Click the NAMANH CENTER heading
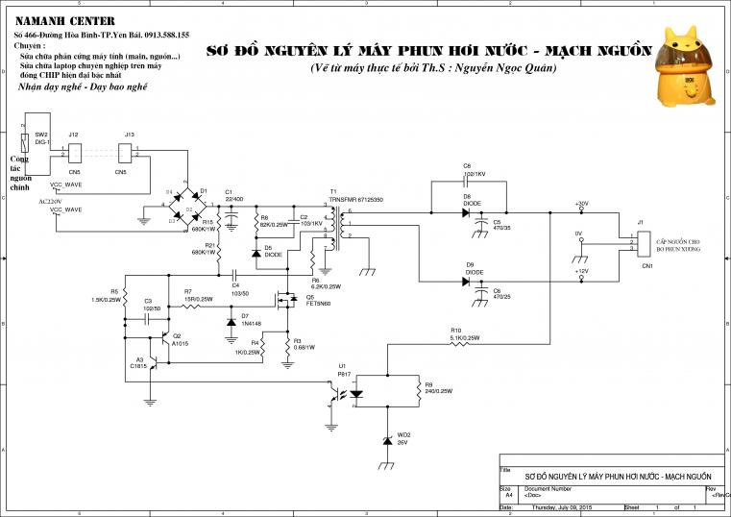[x=64, y=21]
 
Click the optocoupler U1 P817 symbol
[x=347, y=393]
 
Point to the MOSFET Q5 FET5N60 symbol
[x=287, y=299]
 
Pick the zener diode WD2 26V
[x=387, y=439]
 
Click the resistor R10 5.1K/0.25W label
[x=462, y=334]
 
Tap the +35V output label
[x=580, y=204]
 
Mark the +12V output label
[x=580, y=271]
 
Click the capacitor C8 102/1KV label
[x=475, y=170]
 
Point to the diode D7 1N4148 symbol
[x=231, y=321]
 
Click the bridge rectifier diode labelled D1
[x=203, y=192]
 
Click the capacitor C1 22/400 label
[x=233, y=195]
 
